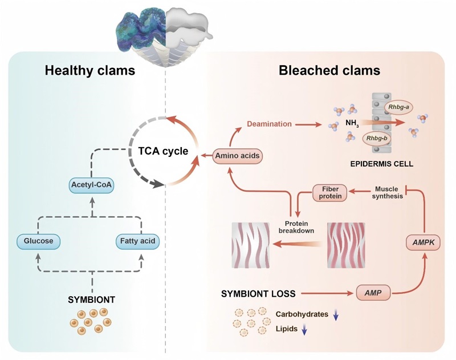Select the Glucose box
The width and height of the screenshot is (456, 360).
[x=38, y=241]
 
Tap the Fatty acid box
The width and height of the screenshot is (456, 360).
[x=136, y=241]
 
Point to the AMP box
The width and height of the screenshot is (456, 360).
[x=373, y=294]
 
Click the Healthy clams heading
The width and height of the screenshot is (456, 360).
[x=90, y=71]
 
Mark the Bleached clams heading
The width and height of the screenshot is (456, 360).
[x=329, y=71]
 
